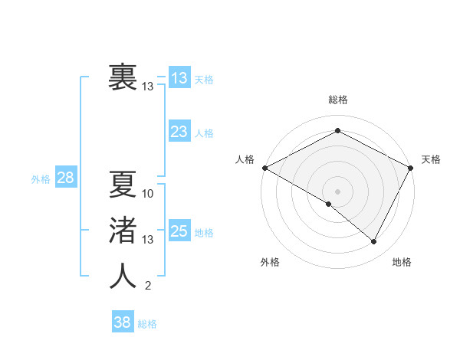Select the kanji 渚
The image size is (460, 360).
[x=123, y=231]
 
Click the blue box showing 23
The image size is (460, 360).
[x=179, y=132]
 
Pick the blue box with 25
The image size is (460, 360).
[x=179, y=231]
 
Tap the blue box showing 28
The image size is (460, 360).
[x=65, y=178]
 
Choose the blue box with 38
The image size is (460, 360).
[x=122, y=322]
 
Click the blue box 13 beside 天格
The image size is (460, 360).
[x=179, y=78]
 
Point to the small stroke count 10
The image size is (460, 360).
[x=148, y=194]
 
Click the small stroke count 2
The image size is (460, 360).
[x=147, y=286]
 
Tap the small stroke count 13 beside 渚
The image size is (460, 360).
[x=148, y=240]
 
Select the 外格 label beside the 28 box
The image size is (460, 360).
[x=41, y=179]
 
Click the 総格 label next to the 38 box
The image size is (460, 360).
[x=147, y=324]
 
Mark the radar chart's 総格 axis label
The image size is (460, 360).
[x=337, y=100]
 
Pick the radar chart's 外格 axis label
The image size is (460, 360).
[x=270, y=262]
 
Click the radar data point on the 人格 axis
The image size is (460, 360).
[x=264, y=168]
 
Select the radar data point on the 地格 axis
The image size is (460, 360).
[x=374, y=242]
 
